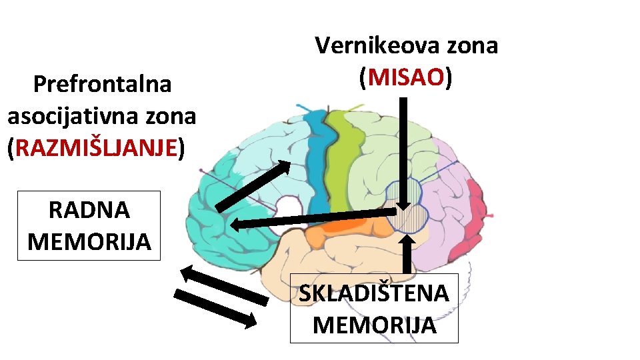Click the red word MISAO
tap(406, 79)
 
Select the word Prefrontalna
tap(102, 85)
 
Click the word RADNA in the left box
tap(89, 210)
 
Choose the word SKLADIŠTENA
tap(373, 293)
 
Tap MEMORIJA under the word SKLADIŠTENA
tap(374, 325)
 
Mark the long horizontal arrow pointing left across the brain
tap(313, 219)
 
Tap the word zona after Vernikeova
tap(473, 46)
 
